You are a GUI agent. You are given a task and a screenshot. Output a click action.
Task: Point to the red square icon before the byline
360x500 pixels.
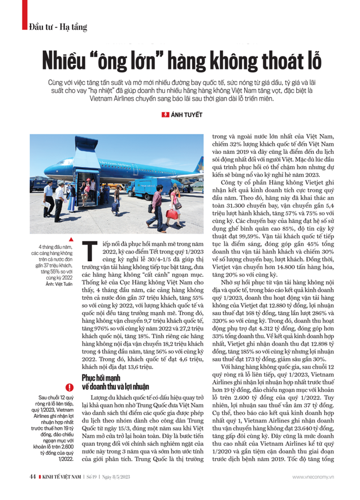pos(164,115)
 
